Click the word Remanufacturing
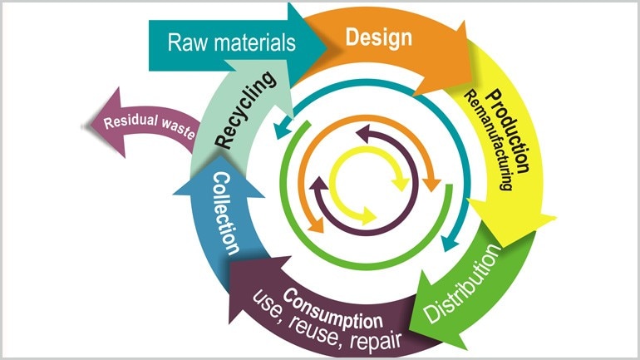491,138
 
